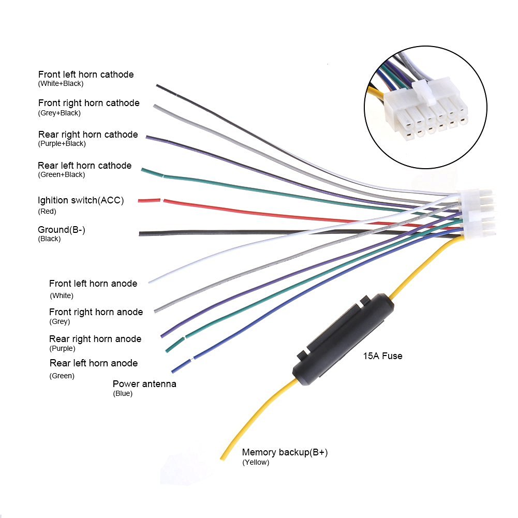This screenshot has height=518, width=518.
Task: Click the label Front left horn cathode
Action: coord(86,75)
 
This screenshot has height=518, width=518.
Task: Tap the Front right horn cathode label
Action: coord(88,103)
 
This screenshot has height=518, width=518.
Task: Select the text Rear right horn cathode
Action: coord(88,135)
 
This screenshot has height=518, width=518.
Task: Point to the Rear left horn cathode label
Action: coord(84,166)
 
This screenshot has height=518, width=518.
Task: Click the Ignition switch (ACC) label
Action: coord(81,200)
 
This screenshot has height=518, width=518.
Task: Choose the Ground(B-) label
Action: coord(61,230)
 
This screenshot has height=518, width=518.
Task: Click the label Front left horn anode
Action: coord(93,284)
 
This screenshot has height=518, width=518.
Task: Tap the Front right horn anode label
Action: coord(96,312)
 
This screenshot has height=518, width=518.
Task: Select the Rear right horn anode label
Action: coord(95,339)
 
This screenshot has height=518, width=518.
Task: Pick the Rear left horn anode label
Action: coord(94,363)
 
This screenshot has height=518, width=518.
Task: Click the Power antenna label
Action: coord(144,384)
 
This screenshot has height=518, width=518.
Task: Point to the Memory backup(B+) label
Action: coord(285,453)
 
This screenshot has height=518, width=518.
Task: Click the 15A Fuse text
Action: coord(382,356)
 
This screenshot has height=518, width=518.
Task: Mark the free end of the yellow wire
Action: coord(223,457)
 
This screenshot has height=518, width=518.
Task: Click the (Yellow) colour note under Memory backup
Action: coord(256,463)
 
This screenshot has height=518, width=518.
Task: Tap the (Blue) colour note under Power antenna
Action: coord(123,394)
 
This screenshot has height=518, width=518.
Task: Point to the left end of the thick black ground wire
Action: coord(141,234)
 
